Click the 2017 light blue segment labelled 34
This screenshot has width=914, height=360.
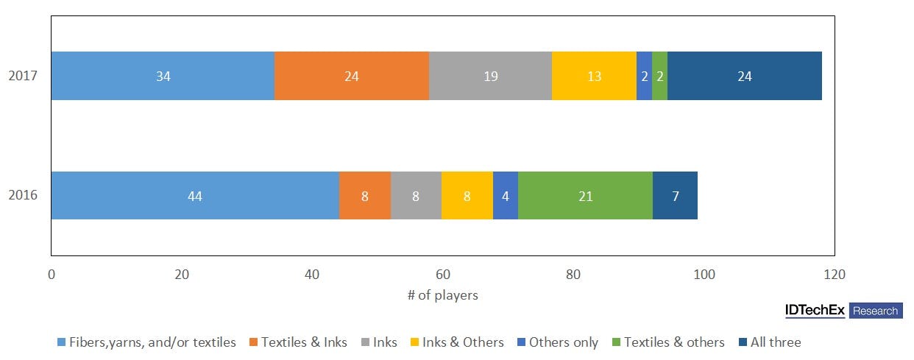pos(163,76)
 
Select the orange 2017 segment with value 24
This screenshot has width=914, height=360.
pos(352,76)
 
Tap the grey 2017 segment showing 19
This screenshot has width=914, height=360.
pos(490,76)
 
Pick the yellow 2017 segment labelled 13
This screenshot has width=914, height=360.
pos(594,76)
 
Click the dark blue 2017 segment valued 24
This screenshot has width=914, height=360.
pos(744,76)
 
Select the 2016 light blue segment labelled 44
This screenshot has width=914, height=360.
pos(195,196)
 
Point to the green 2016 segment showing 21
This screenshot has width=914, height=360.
pos(585,196)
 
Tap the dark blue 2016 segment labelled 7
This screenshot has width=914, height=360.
pos(675,196)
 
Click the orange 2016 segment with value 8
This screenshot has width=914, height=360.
pos(365,196)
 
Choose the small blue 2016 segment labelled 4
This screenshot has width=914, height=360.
pos(506,196)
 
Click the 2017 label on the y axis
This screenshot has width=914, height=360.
pos(23,76)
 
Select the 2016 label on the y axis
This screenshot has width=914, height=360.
pos(23,196)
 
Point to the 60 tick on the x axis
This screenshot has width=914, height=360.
pos(442,275)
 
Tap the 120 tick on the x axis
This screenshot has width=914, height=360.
pos(834,275)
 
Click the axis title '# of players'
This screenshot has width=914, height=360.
pos(442,295)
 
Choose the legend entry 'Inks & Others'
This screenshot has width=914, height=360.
pos(458,342)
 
